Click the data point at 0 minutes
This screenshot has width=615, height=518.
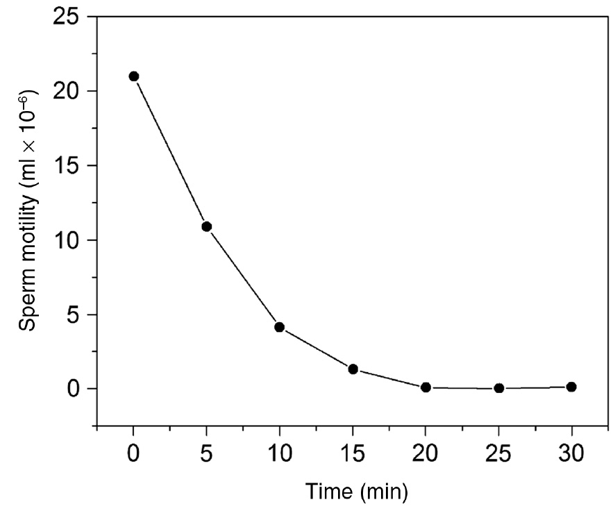tap(134, 76)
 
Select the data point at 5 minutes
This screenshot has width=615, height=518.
tap(206, 226)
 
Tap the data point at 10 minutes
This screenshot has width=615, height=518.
tap(280, 327)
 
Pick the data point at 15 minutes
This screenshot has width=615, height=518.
tap(353, 369)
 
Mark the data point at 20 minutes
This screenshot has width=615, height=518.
tap(426, 387)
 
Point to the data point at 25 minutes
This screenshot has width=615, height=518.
tap(498, 388)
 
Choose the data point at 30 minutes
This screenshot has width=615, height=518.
tap(571, 387)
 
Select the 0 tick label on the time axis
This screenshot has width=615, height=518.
tap(134, 456)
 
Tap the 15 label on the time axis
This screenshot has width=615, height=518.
tap(353, 456)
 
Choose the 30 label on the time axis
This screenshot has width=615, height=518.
tap(571, 456)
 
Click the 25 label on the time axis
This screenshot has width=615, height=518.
tap(498, 456)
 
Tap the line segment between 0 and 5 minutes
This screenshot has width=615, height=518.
tap(170, 151)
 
